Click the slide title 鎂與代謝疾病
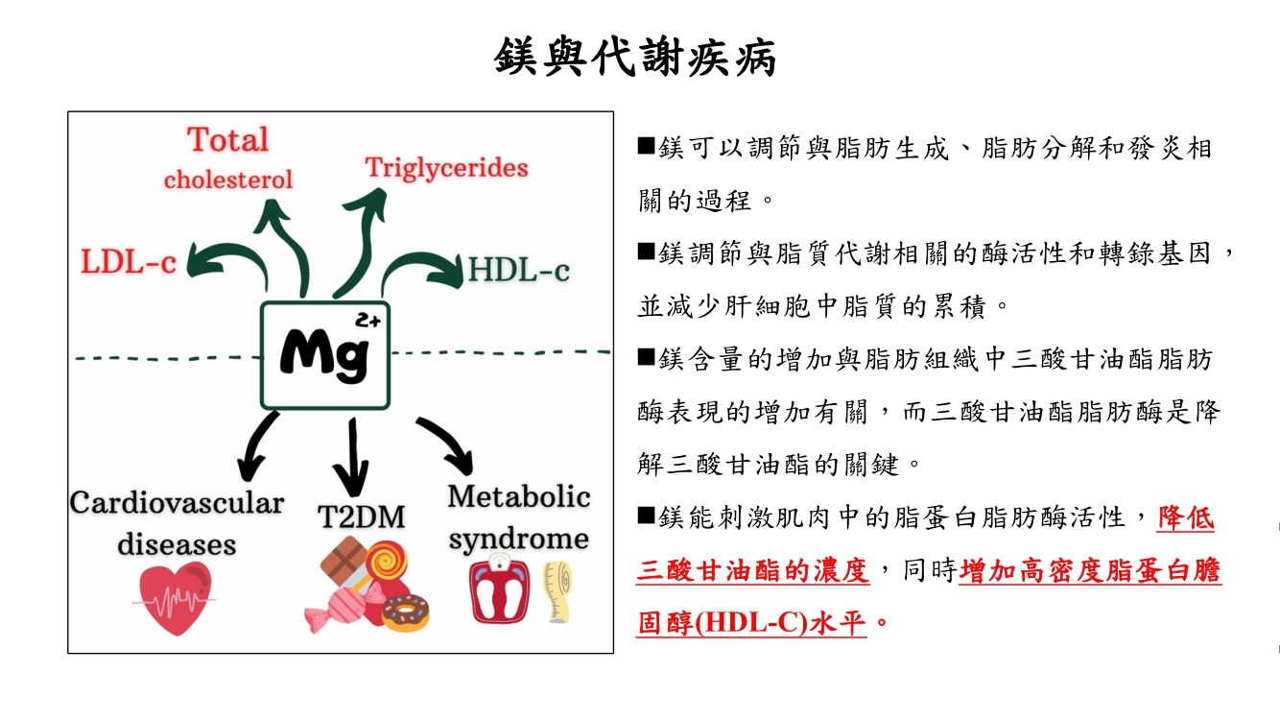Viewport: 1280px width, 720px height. point(635,57)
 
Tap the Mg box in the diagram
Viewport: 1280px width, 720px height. point(326,354)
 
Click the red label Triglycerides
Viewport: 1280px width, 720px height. point(446,168)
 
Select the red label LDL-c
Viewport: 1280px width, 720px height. point(129,262)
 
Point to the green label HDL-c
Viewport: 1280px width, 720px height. point(518,270)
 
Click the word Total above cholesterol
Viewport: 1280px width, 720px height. point(228,140)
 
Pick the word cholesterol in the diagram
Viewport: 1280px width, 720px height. point(228,180)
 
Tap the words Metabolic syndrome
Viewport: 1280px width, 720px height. point(518,517)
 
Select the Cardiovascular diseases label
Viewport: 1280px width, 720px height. point(177,523)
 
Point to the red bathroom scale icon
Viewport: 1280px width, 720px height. point(499,588)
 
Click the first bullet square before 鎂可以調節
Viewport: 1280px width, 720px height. point(646,147)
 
